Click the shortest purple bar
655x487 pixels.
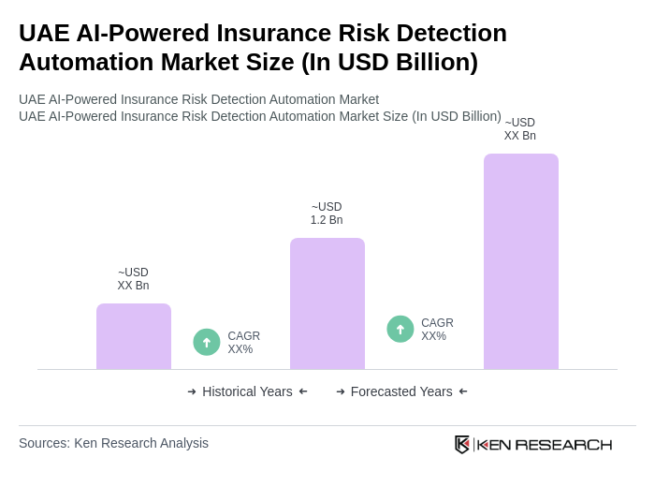[x=134, y=336]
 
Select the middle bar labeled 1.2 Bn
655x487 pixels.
[x=327, y=303]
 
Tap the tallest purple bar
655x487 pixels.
[x=521, y=261]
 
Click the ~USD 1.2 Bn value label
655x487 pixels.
[x=327, y=214]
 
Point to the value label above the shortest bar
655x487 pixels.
[x=133, y=279]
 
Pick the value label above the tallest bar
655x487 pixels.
[x=520, y=129]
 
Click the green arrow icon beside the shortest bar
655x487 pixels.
[x=207, y=343]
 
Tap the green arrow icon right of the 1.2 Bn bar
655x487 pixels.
[x=400, y=330]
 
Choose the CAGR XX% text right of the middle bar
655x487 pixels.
[x=437, y=330]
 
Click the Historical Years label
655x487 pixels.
[x=247, y=391]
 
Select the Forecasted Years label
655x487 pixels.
[x=401, y=391]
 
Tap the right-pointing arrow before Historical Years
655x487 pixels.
[x=192, y=391]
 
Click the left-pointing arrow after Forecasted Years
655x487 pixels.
[x=463, y=391]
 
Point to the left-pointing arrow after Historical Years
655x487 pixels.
[x=303, y=391]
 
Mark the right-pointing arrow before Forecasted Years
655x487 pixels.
[x=341, y=391]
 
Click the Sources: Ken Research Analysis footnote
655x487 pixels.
[x=113, y=443]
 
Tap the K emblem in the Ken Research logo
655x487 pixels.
[x=462, y=444]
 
